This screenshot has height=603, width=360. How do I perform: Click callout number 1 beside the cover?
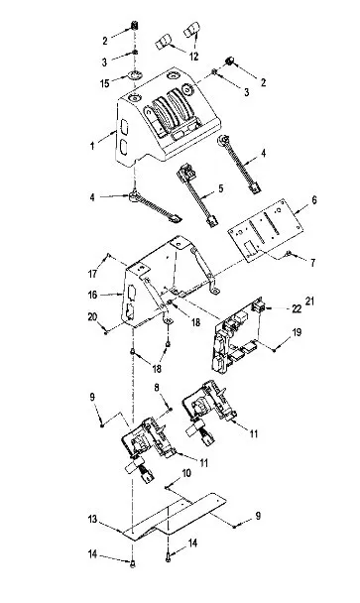(x=92, y=146)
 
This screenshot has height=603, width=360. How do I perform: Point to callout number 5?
(x=220, y=188)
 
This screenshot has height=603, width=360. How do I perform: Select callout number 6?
(x=314, y=200)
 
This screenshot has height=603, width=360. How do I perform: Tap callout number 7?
(x=313, y=263)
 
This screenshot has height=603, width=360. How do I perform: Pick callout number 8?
(x=157, y=387)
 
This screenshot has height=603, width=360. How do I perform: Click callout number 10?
(x=186, y=473)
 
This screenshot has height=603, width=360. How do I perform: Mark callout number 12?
(x=194, y=57)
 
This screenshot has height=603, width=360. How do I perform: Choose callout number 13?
(x=92, y=519)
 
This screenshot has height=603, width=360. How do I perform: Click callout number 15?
(x=105, y=83)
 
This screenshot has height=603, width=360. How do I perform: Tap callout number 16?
(x=92, y=295)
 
